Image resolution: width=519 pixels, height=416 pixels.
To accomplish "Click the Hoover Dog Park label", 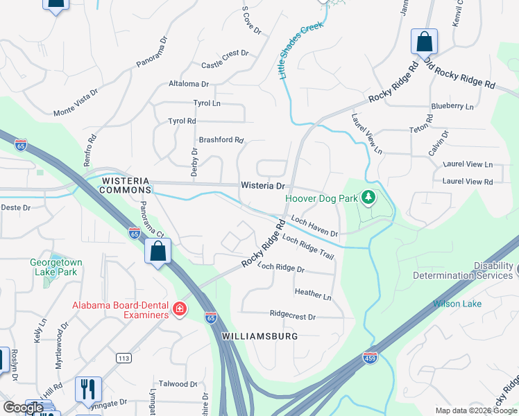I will point(321,198).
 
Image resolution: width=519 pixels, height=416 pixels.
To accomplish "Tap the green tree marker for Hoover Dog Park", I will point(368,198).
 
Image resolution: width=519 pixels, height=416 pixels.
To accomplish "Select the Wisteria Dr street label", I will point(263,186).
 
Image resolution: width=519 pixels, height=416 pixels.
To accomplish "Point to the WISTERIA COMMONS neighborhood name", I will point(126,184).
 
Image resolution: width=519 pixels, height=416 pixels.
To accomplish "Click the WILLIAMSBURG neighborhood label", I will point(259,336).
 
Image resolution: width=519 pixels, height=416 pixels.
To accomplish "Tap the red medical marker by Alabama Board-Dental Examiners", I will point(180,309).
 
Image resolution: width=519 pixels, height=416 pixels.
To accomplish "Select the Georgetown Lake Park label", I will point(56,268).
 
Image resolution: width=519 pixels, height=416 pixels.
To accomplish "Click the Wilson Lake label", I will point(457,304).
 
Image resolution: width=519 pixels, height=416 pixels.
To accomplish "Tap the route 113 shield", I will point(124,358).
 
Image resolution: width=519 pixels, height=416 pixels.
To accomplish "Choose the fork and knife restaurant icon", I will point(88,389).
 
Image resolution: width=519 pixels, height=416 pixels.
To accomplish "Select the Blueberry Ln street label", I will point(452,106).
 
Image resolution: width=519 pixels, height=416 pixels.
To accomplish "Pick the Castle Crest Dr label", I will point(224,60).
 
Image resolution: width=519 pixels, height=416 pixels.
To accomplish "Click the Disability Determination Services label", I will point(463,270).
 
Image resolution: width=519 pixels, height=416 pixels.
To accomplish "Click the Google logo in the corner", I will point(24,408).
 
